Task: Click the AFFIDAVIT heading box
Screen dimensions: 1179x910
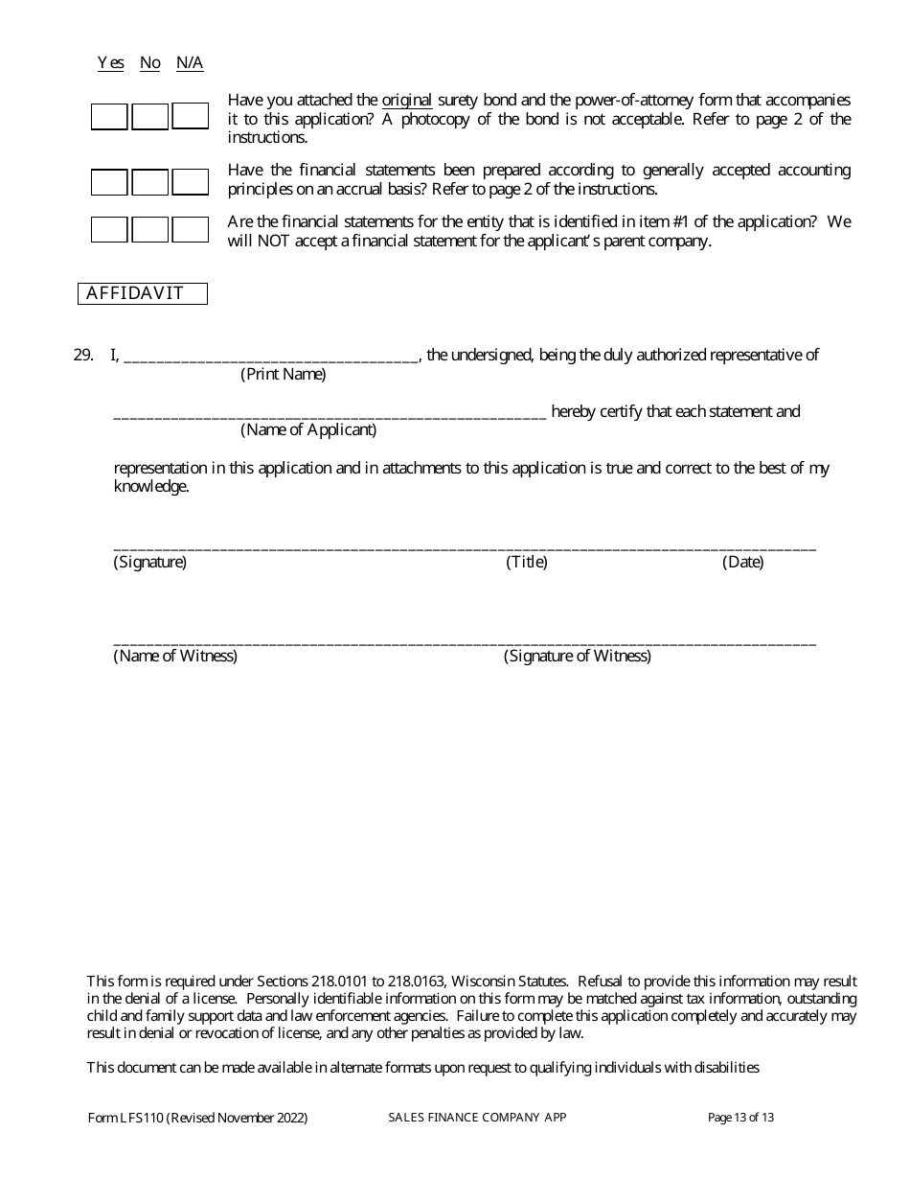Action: point(143,294)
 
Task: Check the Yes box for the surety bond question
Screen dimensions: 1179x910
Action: point(109,117)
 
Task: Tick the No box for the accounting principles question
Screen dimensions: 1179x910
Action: point(149,182)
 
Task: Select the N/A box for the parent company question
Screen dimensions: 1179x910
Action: point(191,230)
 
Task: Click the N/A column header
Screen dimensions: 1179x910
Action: point(190,63)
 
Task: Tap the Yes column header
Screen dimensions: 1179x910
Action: point(110,63)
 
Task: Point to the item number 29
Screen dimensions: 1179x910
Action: point(83,356)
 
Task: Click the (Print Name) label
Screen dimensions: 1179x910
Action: point(283,375)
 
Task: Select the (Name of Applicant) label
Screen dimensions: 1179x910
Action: point(307,430)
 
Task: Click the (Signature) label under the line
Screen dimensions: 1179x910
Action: point(150,563)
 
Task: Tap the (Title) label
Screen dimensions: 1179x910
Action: point(527,563)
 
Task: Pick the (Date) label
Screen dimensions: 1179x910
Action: point(742,563)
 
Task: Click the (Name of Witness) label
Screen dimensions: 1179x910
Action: point(175,657)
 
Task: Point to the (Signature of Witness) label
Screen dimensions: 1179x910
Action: point(578,657)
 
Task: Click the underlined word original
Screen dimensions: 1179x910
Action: point(407,101)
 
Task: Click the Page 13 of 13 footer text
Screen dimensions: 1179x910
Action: point(740,1118)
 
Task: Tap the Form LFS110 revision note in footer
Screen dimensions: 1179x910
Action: point(197,1118)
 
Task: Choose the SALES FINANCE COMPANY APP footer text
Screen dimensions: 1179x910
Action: point(477,1118)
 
